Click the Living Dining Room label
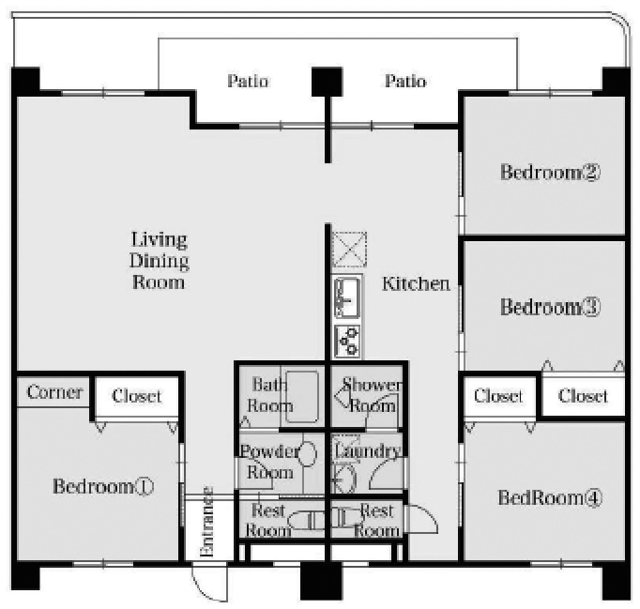pyautogui.click(x=160, y=261)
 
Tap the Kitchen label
pyautogui.click(x=416, y=283)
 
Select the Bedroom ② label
pyautogui.click(x=550, y=172)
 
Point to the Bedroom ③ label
pyautogui.click(x=550, y=307)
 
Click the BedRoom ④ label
pyautogui.click(x=550, y=497)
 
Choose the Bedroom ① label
pyautogui.click(x=103, y=486)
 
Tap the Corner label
pyautogui.click(x=54, y=392)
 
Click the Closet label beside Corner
pyautogui.click(x=137, y=396)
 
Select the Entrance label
pyautogui.click(x=207, y=522)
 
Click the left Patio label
pyautogui.click(x=248, y=81)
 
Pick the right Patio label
pyautogui.click(x=405, y=81)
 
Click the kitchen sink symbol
pyautogui.click(x=347, y=297)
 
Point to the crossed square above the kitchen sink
pyautogui.click(x=349, y=250)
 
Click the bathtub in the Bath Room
pyautogui.click(x=301, y=396)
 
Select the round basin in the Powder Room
pyautogui.click(x=308, y=453)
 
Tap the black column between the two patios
pyautogui.click(x=327, y=82)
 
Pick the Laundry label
pyautogui.click(x=367, y=451)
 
